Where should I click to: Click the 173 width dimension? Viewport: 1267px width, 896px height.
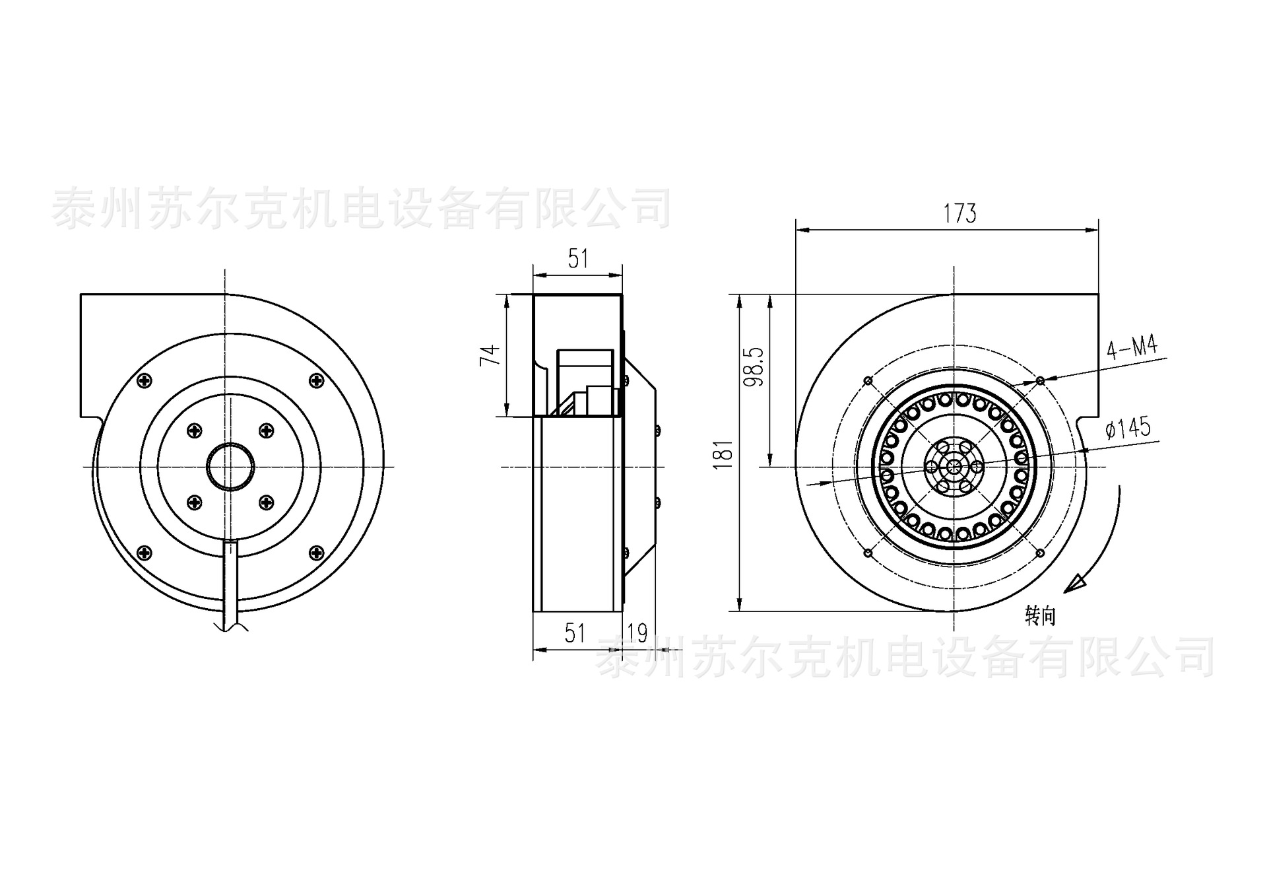[959, 214]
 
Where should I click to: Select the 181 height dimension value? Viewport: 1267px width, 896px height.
[725, 454]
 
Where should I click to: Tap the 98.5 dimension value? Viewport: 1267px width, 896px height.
[756, 367]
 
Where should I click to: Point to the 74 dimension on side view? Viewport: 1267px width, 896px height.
[490, 355]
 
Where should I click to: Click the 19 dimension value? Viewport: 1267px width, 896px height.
[637, 633]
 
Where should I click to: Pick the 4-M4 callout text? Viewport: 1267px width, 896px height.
[1132, 347]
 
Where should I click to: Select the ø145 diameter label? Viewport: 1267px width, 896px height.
[1128, 429]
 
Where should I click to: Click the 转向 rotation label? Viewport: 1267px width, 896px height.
[1041, 616]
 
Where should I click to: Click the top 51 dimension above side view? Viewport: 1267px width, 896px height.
[578, 259]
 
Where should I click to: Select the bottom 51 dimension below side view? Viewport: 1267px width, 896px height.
[575, 633]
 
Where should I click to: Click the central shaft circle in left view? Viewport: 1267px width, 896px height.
[230, 467]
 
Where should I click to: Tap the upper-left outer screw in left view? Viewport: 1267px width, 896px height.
[145, 380]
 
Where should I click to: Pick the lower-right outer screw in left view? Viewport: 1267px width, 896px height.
[317, 551]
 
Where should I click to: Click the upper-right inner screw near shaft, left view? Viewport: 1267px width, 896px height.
[266, 431]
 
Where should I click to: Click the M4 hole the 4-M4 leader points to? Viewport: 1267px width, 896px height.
[1040, 381]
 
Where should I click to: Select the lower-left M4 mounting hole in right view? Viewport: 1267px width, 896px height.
[868, 552]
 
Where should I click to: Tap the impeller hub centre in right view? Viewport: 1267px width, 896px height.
[954, 467]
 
